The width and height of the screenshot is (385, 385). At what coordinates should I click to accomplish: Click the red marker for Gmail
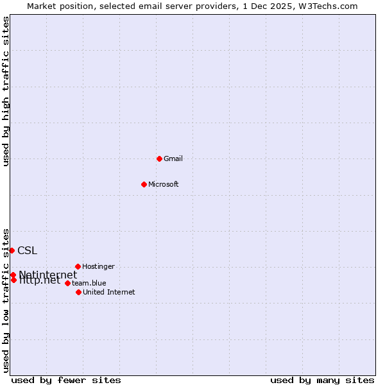[x=159, y=158]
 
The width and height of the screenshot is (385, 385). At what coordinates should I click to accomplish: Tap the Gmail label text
[x=173, y=159]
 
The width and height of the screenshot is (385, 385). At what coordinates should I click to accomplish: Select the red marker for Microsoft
[x=144, y=184]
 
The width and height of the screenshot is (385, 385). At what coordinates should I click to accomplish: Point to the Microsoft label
[x=163, y=185]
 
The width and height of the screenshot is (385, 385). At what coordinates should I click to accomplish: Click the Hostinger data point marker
[x=78, y=266]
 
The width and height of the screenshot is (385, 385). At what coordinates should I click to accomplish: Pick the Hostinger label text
[x=98, y=266]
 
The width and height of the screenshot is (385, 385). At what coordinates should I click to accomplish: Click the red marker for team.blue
[x=67, y=283]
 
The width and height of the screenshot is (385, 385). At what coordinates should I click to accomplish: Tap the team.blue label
[x=89, y=283]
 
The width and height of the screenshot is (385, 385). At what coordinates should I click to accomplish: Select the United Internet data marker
[x=78, y=292]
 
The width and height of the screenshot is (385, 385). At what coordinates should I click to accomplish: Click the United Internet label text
[x=108, y=293]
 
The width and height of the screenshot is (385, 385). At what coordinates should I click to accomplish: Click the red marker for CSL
[x=12, y=250]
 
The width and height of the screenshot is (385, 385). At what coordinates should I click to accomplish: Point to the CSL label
[x=27, y=250]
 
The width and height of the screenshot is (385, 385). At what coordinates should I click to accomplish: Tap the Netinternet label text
[x=47, y=275]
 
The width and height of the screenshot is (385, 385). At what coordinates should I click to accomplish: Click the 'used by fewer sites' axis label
[x=66, y=380]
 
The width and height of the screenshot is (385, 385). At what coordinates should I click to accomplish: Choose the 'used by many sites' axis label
[x=322, y=380]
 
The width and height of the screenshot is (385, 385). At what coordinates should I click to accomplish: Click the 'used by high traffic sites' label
[x=6, y=91]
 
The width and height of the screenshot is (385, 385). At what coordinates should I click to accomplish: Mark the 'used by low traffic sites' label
[x=6, y=300]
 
